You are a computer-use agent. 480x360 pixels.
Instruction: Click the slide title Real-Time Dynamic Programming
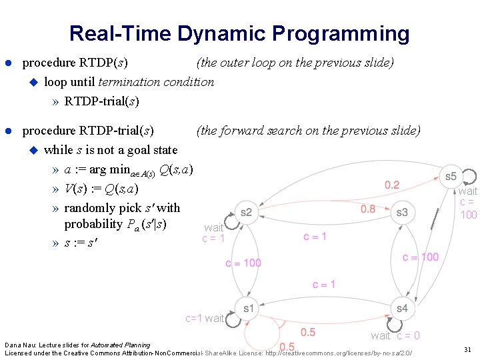[239, 33]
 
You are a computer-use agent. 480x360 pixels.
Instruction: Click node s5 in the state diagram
[451, 177]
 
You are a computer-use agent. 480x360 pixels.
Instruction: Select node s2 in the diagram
[246, 213]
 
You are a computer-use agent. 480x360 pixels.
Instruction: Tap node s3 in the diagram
[401, 213]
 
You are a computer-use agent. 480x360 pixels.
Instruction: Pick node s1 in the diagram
[249, 309]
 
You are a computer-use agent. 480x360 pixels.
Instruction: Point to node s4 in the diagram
[401, 309]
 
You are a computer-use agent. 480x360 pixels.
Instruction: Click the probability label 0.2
[393, 185]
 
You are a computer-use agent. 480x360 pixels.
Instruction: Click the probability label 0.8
[368, 209]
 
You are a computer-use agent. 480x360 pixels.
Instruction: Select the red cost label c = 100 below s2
[243, 263]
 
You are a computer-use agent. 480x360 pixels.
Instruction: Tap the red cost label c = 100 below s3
[421, 257]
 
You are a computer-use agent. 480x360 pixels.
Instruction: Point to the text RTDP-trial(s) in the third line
[101, 101]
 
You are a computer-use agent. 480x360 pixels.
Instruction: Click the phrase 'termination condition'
[156, 82]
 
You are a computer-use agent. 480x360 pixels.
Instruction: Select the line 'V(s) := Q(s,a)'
[101, 189]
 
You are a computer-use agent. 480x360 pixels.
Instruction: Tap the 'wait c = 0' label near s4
[395, 335]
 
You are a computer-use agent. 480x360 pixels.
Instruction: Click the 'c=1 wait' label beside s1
[205, 318]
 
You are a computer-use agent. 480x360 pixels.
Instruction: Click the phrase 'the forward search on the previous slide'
[308, 131]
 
